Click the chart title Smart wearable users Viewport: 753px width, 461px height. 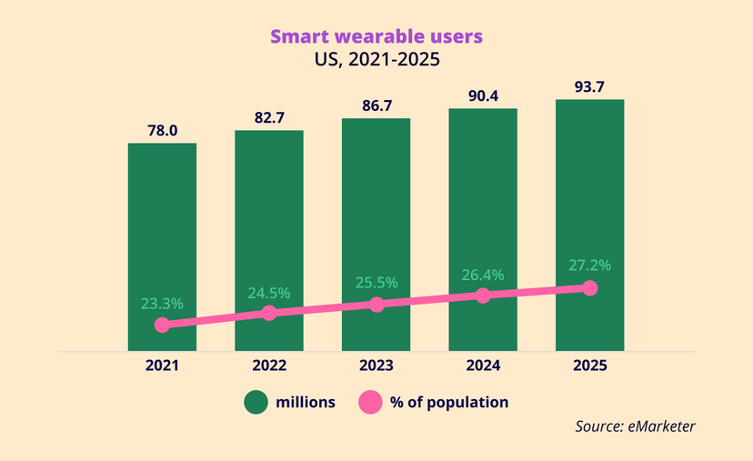click(376, 37)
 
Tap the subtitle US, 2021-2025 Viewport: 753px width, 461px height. click(376, 62)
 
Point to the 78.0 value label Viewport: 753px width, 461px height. click(162, 131)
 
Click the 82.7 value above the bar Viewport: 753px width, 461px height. click(269, 118)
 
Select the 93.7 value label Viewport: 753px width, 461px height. click(589, 87)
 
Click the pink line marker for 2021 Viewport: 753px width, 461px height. click(162, 325)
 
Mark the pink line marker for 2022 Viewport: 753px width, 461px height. click(269, 313)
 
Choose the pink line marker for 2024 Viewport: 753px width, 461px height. click(483, 296)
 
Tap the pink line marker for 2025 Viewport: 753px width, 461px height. click(589, 288)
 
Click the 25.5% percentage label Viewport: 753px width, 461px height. click(376, 283)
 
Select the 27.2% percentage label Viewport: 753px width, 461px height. click(589, 266)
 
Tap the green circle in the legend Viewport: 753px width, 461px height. click(255, 402)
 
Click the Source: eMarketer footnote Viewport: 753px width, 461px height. click(635, 426)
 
